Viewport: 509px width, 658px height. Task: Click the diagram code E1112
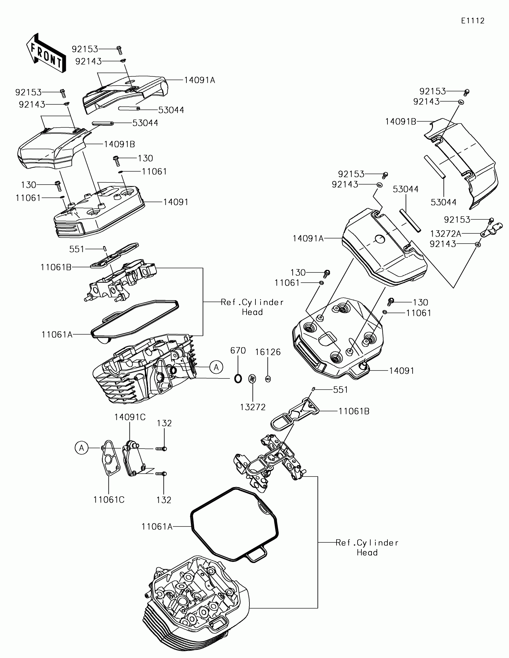click(x=473, y=21)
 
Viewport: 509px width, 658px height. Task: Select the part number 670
click(x=238, y=350)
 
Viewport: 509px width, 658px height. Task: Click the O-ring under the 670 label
click(x=238, y=378)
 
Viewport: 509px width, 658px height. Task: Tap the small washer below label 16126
click(x=268, y=379)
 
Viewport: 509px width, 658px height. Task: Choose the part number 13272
click(x=253, y=407)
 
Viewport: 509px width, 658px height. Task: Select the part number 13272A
click(x=445, y=234)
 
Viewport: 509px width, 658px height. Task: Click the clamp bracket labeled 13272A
click(x=492, y=230)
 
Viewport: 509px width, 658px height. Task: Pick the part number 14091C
click(x=130, y=417)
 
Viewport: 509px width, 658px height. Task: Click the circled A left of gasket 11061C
click(x=82, y=448)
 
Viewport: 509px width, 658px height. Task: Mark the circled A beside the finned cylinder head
click(x=216, y=367)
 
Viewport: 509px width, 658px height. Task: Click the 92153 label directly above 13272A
click(x=457, y=220)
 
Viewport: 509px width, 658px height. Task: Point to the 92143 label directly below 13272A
click(x=443, y=244)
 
